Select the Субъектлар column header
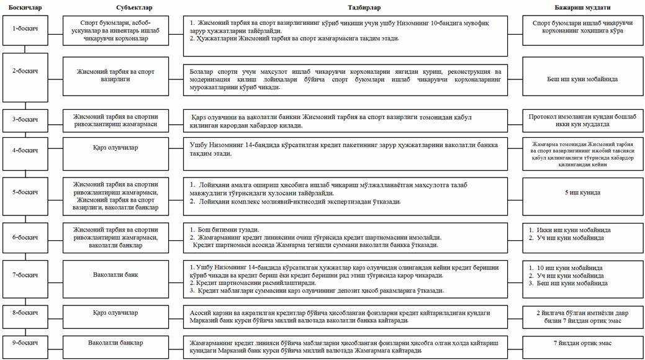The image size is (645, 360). [x=115, y=7]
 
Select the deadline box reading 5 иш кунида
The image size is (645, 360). [x=582, y=192]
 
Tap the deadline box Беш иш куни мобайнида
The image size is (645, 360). [x=582, y=79]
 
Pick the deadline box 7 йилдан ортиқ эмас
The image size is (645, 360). [x=582, y=343]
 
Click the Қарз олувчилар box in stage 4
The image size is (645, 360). [x=116, y=149]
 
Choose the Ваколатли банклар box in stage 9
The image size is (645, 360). [x=116, y=343]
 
